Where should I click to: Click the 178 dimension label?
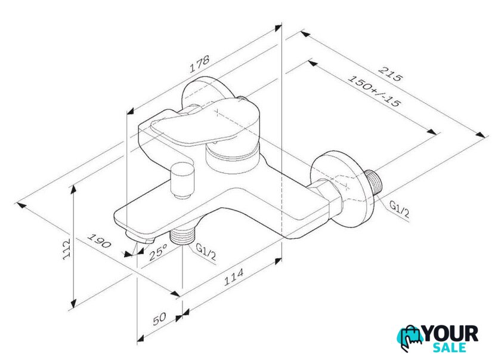(200, 64)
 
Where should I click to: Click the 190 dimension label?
(99, 241)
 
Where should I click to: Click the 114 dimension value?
(233, 277)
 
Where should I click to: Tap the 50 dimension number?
(159, 319)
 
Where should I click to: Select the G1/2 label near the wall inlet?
(399, 210)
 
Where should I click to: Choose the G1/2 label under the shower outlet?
(205, 251)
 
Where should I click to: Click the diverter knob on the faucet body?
(182, 180)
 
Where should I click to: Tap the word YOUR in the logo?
(450, 334)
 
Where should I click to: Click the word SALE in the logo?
(450, 347)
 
